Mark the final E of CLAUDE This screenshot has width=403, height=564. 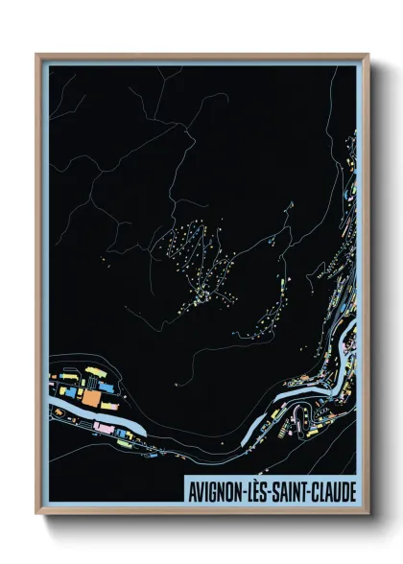tap(353, 490)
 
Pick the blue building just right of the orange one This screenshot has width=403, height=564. tap(104, 395)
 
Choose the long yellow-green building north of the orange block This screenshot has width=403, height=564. tap(94, 371)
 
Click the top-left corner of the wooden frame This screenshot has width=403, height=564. tap(37, 55)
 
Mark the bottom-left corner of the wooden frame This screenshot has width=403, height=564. tap(37, 515)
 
